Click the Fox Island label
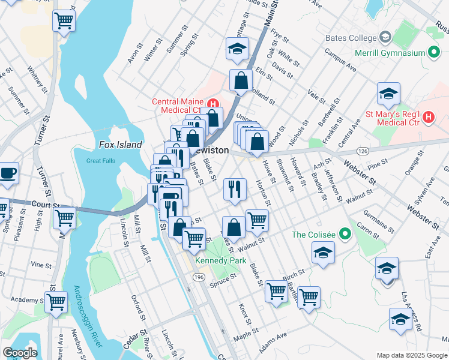tap(121, 145)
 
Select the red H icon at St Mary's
tap(427, 117)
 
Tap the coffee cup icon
tap(7, 173)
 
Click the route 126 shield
tap(362, 150)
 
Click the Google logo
tap(20, 353)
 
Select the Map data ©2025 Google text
tap(411, 355)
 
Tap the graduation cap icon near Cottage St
tap(238, 48)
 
